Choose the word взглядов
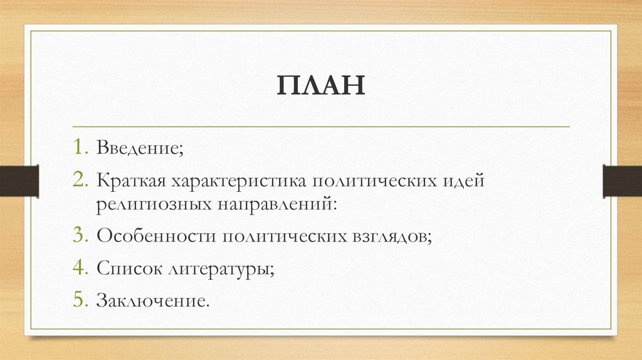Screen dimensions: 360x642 tap(389, 236)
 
